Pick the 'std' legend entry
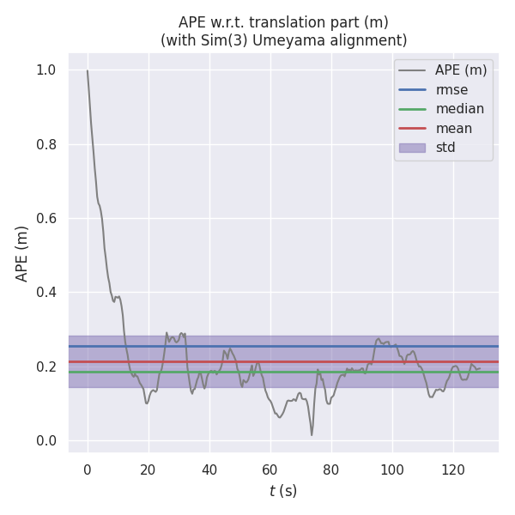(x=445, y=148)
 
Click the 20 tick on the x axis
(x=148, y=469)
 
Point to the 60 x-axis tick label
(x=270, y=469)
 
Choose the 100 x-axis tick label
(x=391, y=469)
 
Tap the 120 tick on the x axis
(x=452, y=469)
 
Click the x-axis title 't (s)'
(x=282, y=491)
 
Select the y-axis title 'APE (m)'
(x=22, y=253)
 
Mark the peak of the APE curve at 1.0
(x=88, y=70)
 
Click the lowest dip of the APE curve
(x=312, y=434)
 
